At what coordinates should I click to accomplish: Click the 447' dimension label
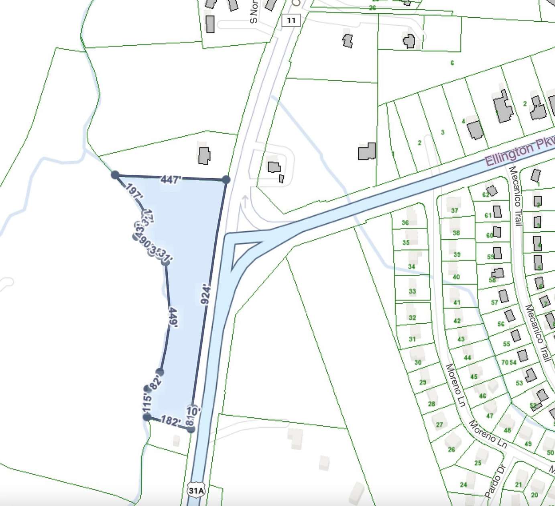[170, 179]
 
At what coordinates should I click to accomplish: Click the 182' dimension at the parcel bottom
[171, 421]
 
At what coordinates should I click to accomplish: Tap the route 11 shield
[291, 20]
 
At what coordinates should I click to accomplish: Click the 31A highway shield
[196, 490]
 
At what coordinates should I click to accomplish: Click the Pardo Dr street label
[496, 480]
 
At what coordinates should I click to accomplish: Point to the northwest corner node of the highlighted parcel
[115, 175]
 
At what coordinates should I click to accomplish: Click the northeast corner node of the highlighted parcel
[226, 180]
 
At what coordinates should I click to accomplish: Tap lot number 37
[454, 210]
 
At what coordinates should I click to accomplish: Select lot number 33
[412, 291]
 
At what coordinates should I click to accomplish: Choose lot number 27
[439, 424]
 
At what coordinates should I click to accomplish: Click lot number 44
[467, 357]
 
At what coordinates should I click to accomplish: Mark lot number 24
[464, 484]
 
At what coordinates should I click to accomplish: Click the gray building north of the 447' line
[204, 155]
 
